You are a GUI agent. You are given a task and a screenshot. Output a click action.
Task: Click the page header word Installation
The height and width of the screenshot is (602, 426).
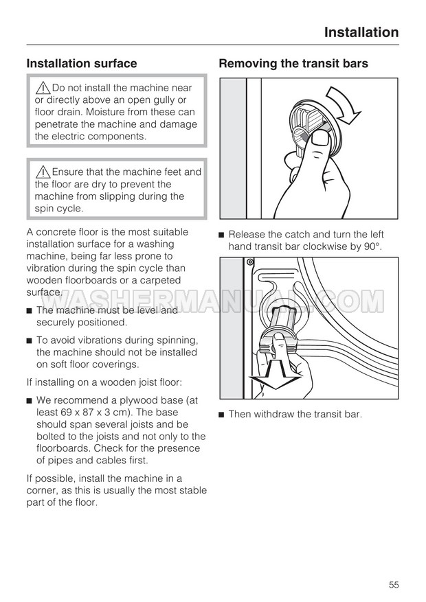point(361,32)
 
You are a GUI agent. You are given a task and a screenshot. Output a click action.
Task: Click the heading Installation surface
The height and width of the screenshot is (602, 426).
point(82,64)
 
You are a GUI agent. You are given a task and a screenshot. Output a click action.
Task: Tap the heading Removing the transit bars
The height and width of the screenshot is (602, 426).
point(293,64)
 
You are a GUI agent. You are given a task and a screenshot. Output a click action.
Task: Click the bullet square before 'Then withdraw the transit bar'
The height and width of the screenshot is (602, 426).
point(222,414)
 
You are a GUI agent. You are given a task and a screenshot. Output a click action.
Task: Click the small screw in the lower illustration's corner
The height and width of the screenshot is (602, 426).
point(250,262)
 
